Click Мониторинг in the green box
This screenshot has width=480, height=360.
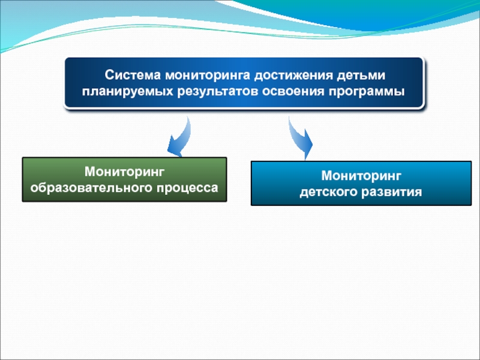[124, 172]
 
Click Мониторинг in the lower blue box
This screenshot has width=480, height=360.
[361, 176]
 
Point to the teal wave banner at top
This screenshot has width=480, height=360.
[240, 18]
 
